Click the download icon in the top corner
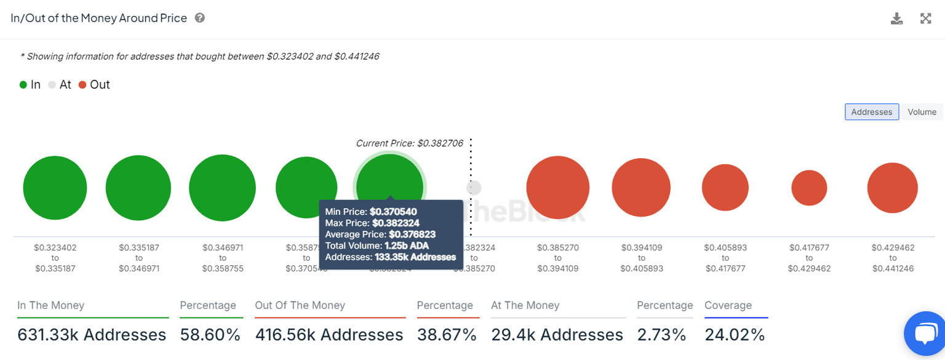pyautogui.click(x=897, y=18)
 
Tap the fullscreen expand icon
pyautogui.click(x=925, y=18)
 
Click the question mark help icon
pyautogui.click(x=200, y=18)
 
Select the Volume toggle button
pyautogui.click(x=922, y=112)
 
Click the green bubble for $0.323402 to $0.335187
pyautogui.click(x=55, y=188)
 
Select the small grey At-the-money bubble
pyautogui.click(x=473, y=188)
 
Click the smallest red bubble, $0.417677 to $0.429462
pyautogui.click(x=809, y=188)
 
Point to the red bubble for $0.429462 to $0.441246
pyautogui.click(x=892, y=188)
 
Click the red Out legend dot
pyautogui.click(x=83, y=85)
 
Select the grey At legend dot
pyautogui.click(x=52, y=85)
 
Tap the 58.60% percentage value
pyautogui.click(x=210, y=335)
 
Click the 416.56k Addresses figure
pyautogui.click(x=329, y=335)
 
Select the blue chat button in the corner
pyautogui.click(x=925, y=334)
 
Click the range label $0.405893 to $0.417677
pyautogui.click(x=725, y=258)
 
